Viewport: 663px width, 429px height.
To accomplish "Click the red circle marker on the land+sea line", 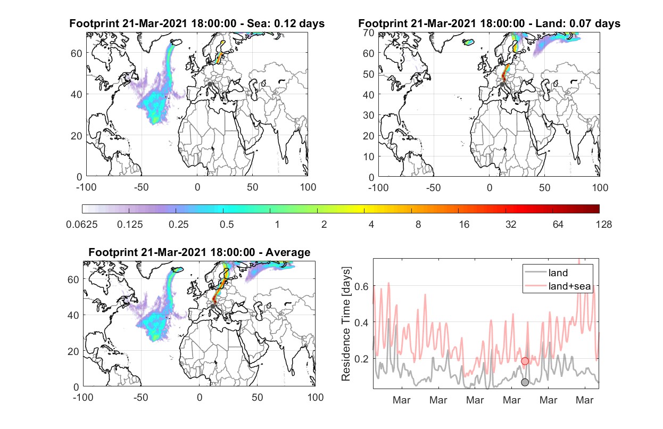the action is [x=525, y=361].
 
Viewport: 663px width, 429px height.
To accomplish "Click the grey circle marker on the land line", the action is [x=525, y=382].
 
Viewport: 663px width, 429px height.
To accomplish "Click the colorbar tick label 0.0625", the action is [x=82, y=225].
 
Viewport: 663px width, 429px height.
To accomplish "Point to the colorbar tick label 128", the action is [x=603, y=225].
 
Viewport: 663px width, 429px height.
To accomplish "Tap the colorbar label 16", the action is [x=464, y=225].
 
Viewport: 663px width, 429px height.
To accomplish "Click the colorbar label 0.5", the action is [x=227, y=225].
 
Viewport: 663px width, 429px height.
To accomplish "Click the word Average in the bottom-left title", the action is [x=288, y=252].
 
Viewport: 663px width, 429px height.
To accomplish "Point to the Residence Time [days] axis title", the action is [x=346, y=324].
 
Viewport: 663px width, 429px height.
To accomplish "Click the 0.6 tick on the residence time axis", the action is [x=361, y=286].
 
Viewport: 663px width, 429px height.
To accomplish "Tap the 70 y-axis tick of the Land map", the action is [x=369, y=32].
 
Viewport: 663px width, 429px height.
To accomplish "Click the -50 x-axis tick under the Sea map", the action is [x=141, y=187].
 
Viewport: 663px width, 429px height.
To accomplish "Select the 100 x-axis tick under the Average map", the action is [x=315, y=397].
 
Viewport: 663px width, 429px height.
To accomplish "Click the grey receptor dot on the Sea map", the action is [x=210, y=84].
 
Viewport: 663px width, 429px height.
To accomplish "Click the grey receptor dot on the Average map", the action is [x=213, y=306].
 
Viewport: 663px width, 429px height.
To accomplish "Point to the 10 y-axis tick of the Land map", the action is [x=369, y=156].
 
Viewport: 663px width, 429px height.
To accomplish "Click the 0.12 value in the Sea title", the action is [x=285, y=23].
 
